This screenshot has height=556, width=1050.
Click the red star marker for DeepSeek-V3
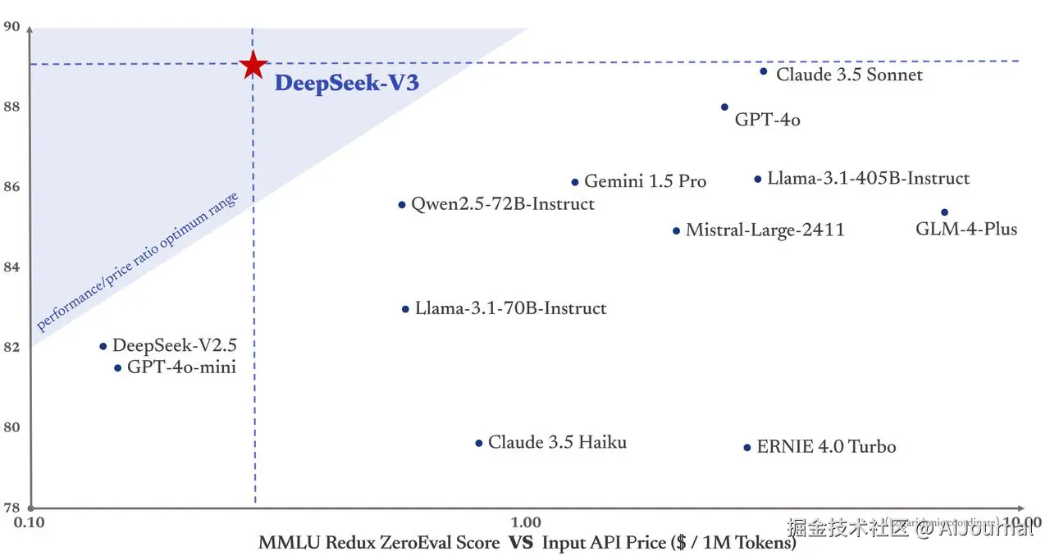click(x=253, y=65)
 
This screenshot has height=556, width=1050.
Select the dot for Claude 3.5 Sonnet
click(x=763, y=71)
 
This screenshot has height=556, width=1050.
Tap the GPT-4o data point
click(x=724, y=107)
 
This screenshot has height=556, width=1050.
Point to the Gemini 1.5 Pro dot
click(x=575, y=182)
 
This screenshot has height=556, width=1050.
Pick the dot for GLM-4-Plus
click(x=944, y=212)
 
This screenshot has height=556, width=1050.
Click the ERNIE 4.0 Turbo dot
click(x=747, y=448)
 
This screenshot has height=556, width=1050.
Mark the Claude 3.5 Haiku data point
click(x=479, y=444)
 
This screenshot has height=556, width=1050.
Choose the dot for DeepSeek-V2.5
click(x=103, y=346)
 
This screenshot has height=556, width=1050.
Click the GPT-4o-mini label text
click(x=181, y=367)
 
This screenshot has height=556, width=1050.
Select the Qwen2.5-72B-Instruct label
click(x=503, y=204)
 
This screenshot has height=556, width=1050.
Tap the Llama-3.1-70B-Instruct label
click(x=510, y=309)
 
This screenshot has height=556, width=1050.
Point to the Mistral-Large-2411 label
click(x=765, y=230)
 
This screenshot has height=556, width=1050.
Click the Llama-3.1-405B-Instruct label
click(x=868, y=179)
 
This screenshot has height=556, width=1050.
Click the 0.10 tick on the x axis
click(x=30, y=522)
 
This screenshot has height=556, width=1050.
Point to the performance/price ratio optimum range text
click(x=138, y=262)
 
